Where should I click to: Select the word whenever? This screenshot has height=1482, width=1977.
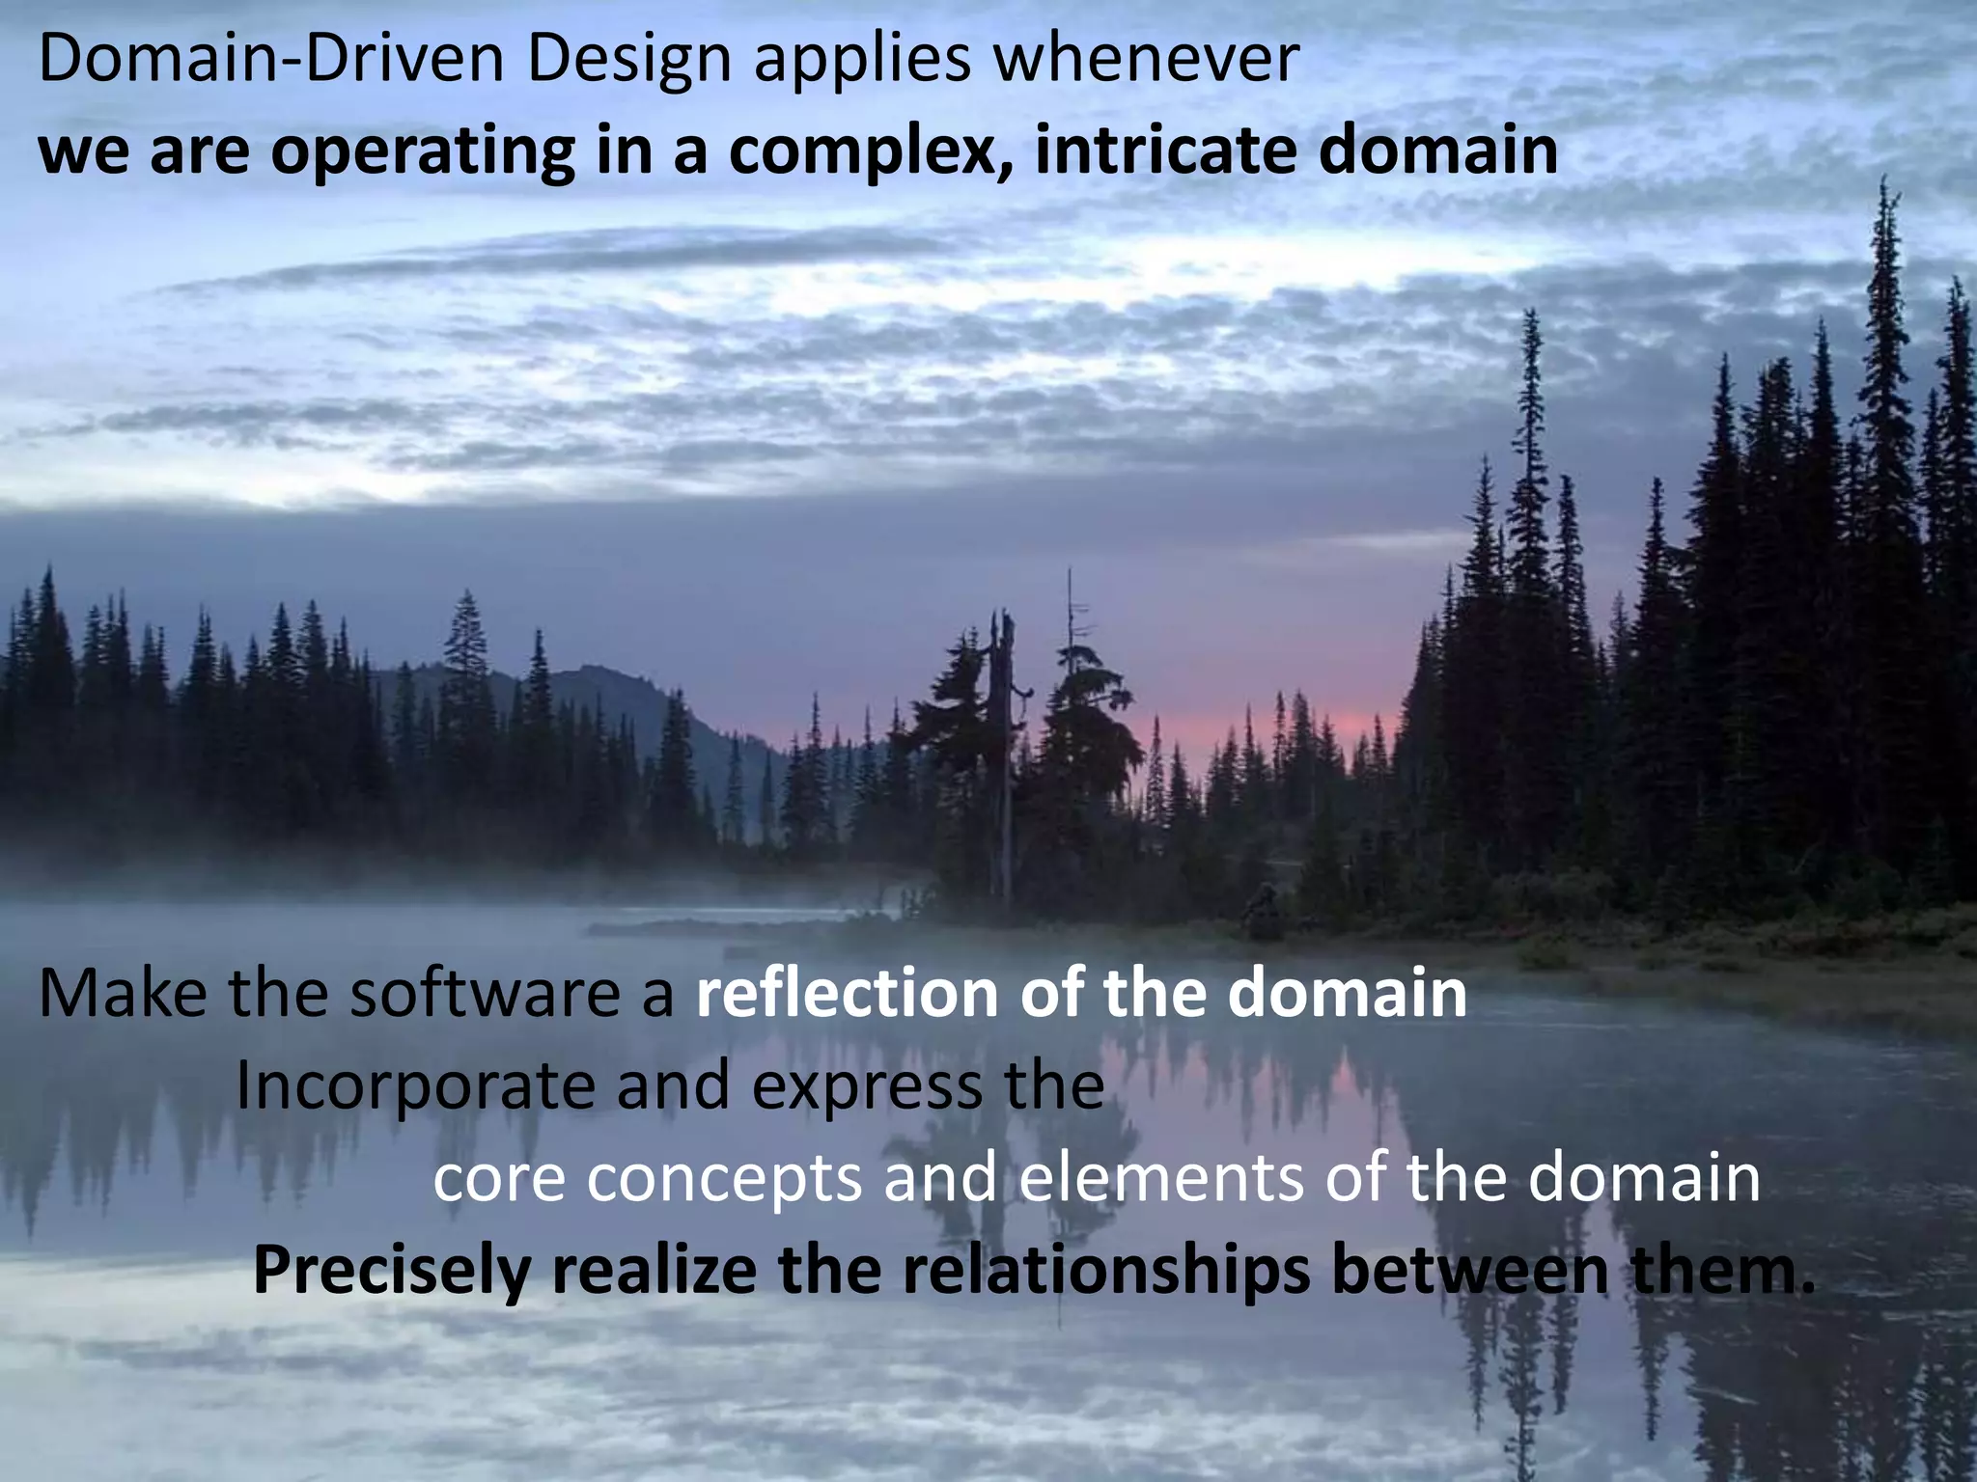(1146, 60)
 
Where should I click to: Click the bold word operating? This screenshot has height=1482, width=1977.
(423, 153)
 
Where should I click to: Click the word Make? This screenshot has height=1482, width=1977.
(122, 994)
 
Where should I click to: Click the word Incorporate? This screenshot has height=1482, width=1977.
(415, 1086)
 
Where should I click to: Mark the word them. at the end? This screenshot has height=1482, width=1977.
(1722, 1272)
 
